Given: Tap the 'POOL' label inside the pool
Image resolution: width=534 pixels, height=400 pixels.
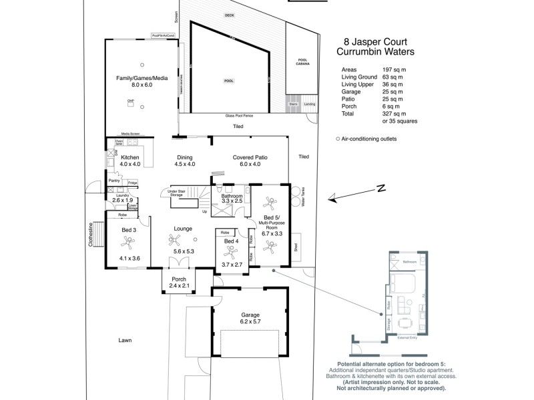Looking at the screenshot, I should coord(229,81).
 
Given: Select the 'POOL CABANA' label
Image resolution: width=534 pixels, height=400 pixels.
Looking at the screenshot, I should coord(302,62).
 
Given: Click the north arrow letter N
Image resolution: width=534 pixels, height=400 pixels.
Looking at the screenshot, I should coord(380,189).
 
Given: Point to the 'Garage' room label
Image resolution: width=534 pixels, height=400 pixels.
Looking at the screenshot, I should coord(250,315).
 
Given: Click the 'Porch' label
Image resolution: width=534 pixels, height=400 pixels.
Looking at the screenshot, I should coord(179,279).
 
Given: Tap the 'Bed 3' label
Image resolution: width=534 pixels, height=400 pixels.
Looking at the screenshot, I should coord(129,230).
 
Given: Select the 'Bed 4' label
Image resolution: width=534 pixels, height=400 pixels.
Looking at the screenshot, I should coord(231,241).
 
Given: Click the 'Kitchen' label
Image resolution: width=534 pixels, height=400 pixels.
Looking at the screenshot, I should coord(129,157).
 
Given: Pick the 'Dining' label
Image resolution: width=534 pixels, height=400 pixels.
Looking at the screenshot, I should coord(184,157).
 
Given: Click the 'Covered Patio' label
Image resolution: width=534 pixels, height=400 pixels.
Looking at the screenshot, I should coord(250,157).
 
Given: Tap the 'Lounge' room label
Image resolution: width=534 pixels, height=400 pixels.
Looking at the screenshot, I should coord(183,229).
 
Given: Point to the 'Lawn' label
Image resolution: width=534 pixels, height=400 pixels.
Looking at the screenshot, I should coord(125,340).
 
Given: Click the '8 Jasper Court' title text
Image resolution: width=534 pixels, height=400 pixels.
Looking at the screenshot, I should coord(373,41).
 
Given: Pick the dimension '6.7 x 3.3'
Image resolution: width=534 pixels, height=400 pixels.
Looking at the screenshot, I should coord(270,234).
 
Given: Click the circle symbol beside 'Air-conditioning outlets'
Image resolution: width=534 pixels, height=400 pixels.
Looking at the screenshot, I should coord(338,139).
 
